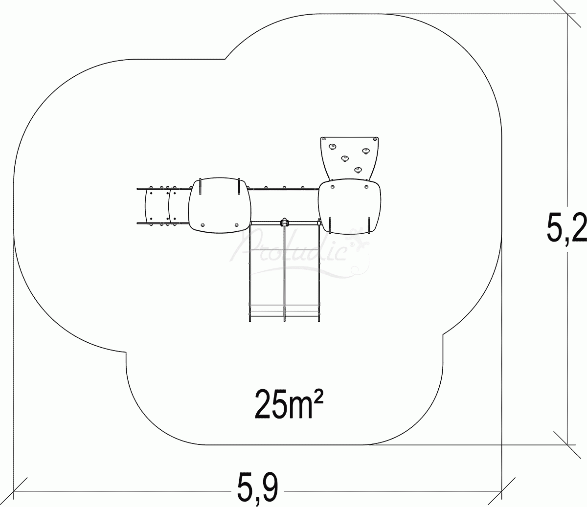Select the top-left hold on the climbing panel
(x=333, y=146)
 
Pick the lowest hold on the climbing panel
(x=358, y=170)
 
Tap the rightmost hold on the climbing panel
(x=366, y=150)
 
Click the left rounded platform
(x=220, y=203)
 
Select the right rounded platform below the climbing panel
(x=349, y=205)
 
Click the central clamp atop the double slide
(x=284, y=222)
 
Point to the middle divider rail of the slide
(x=284, y=274)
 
